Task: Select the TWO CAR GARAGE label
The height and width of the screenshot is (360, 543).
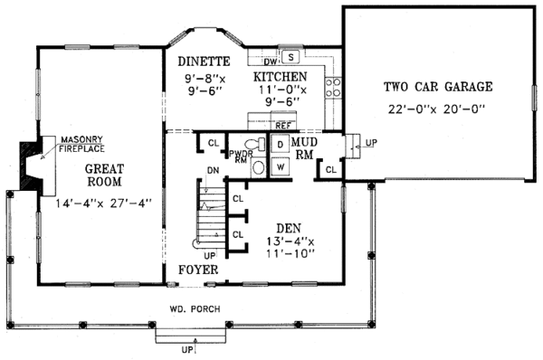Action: coord(437,88)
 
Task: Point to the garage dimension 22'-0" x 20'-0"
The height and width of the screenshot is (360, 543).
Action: coord(437,109)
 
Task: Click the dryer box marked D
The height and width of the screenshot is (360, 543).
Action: coord(280,145)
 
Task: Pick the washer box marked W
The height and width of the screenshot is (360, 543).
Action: coord(280,166)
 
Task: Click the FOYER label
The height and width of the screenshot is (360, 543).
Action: coord(197,269)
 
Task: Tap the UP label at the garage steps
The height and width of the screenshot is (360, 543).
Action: coord(373,142)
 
